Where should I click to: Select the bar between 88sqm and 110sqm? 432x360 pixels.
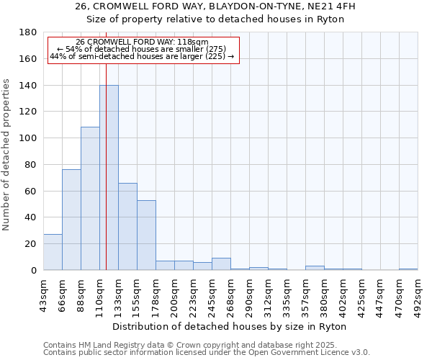(90, 199)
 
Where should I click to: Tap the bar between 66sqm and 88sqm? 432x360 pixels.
(71, 220)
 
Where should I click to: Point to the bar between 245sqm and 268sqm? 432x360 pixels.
(221, 264)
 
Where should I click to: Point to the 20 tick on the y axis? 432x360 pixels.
(30, 244)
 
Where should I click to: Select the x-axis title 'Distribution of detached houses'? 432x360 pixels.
(230, 326)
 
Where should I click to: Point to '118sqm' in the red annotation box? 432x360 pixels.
(193, 42)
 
